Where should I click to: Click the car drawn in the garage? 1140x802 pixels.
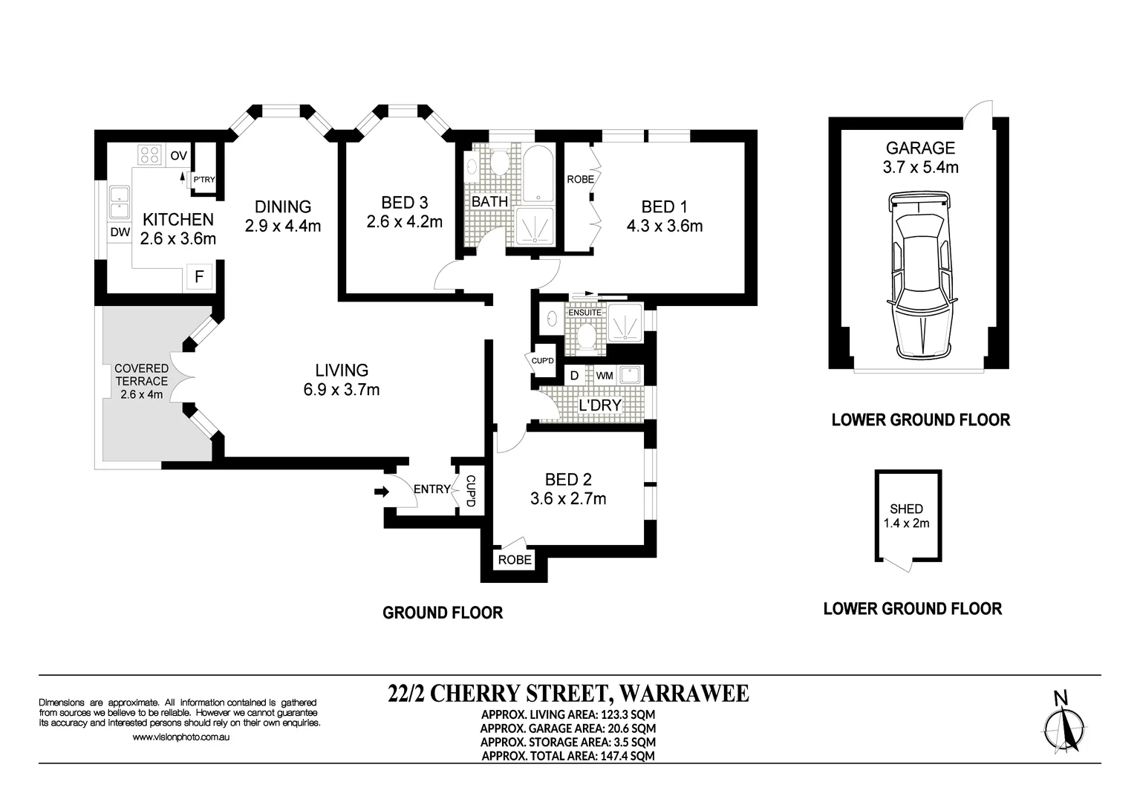click(921, 275)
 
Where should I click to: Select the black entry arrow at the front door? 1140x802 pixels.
click(382, 492)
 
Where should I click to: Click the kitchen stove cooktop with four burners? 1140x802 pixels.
click(150, 154)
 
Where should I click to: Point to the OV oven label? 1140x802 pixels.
click(179, 156)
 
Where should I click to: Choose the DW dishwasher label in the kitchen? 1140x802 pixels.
click(120, 232)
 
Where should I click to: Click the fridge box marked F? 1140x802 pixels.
click(199, 277)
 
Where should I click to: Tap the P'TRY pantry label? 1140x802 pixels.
click(203, 180)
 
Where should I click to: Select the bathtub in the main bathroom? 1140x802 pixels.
click(538, 175)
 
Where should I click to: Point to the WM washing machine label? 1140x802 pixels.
click(605, 376)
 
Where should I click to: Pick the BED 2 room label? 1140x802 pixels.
click(568, 480)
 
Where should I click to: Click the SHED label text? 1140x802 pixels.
click(906, 509)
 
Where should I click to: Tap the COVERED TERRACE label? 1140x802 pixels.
click(142, 374)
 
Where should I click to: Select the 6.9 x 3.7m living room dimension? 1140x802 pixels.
click(342, 390)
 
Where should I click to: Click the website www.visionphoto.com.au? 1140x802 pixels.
click(181, 737)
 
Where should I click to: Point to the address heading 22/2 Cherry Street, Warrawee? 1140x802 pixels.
click(568, 694)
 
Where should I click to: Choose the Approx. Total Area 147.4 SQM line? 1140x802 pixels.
click(568, 756)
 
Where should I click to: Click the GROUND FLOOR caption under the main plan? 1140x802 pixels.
click(443, 613)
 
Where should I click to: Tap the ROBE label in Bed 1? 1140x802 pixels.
click(581, 179)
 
